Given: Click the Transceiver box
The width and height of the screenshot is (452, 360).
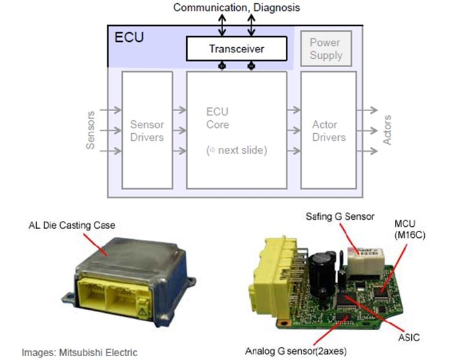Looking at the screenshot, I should [x=237, y=49].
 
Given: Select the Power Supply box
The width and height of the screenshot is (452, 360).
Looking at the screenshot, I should [x=325, y=49].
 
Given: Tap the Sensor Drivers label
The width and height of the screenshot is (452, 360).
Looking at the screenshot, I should [x=147, y=131].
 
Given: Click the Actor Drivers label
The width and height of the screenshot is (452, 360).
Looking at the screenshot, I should [x=328, y=131].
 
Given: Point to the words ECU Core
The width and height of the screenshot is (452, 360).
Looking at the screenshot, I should [x=217, y=118].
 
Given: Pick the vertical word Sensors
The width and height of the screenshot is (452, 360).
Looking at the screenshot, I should [x=90, y=130].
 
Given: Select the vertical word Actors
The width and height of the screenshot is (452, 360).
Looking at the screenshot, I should [x=387, y=130].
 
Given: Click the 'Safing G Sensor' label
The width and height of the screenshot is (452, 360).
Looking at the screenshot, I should [x=340, y=217].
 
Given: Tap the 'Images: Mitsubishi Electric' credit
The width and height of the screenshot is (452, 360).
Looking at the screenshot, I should [x=80, y=352].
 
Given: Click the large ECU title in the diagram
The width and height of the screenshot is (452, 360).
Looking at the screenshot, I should [x=129, y=36].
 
